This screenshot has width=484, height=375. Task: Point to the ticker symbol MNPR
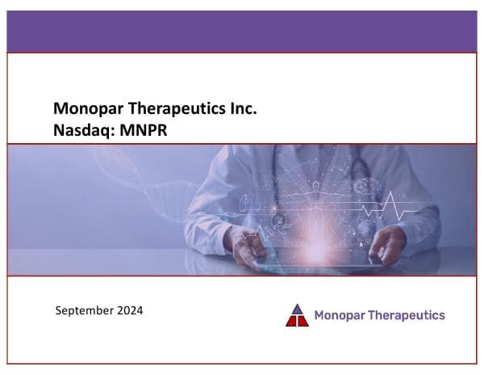[x=145, y=129]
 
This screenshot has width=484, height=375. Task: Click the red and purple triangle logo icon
[x=297, y=315]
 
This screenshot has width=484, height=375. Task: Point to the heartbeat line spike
[x=394, y=202]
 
